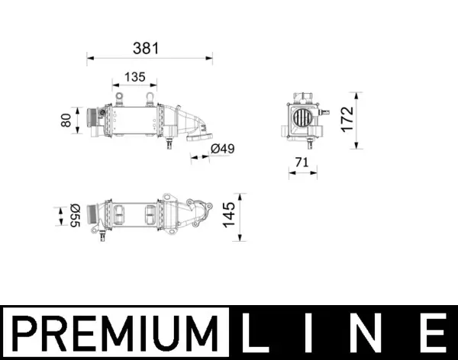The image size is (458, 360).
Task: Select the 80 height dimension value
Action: point(66,120)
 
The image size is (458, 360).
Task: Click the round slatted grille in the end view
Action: point(300,119)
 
